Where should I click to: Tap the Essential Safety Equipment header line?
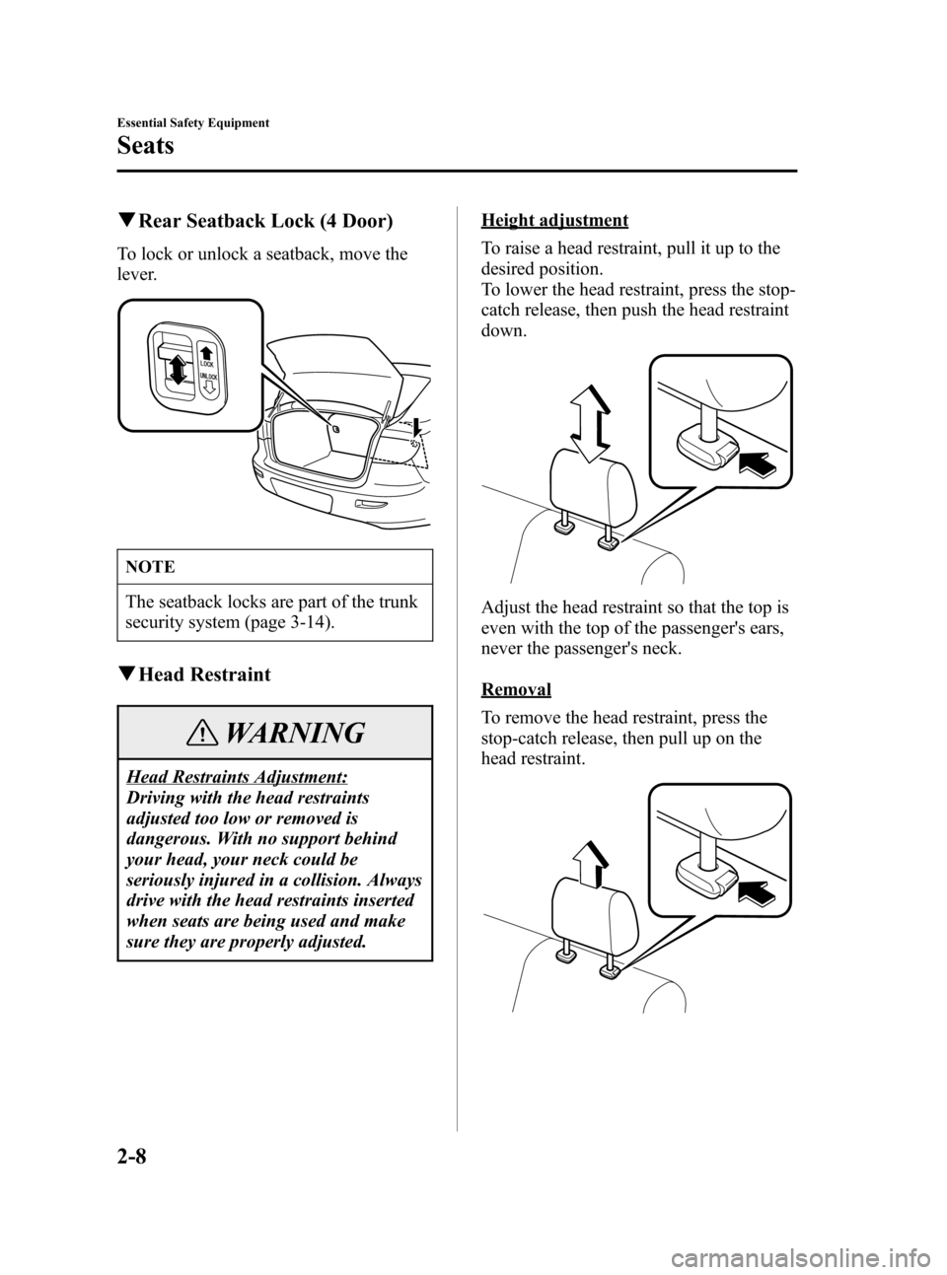coord(192,123)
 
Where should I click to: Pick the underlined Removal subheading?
coord(516,688)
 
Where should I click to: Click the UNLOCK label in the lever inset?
coord(209,377)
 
